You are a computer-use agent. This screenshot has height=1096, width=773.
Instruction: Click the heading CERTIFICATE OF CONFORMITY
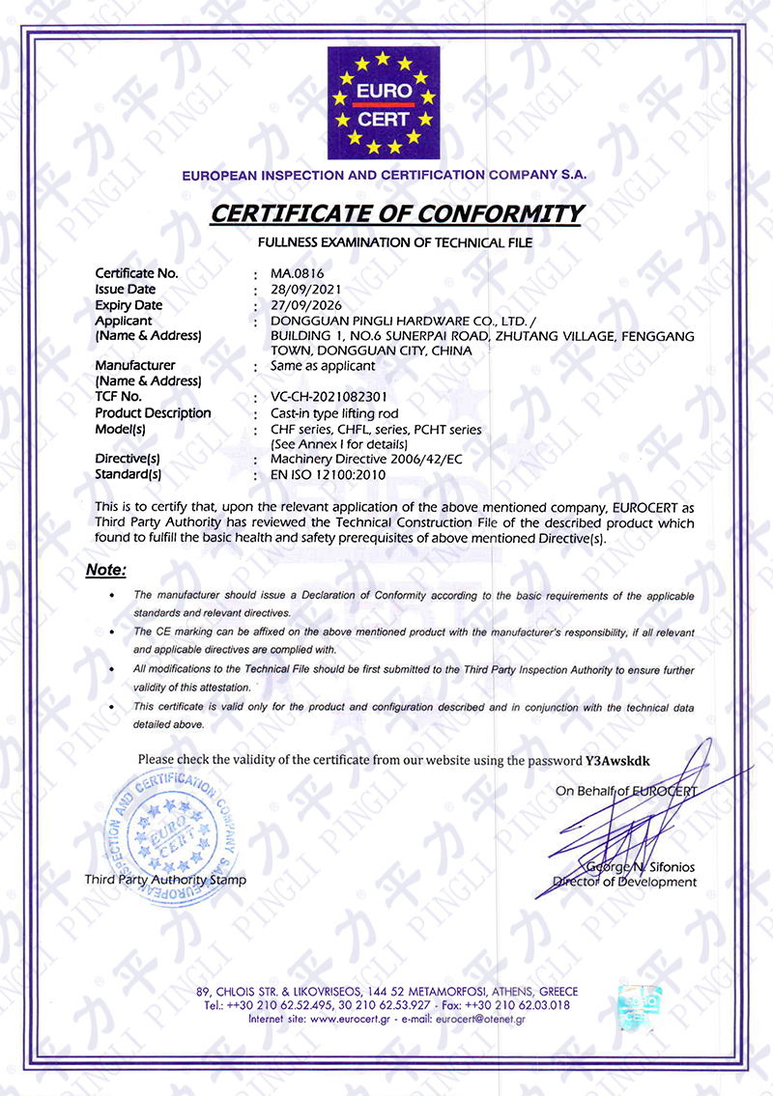(396, 213)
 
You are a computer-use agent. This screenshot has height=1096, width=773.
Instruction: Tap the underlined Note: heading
(105, 570)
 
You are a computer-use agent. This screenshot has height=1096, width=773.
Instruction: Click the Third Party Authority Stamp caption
(165, 880)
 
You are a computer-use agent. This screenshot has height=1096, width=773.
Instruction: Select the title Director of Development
(624, 882)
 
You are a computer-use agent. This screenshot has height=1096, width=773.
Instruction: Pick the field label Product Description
(153, 412)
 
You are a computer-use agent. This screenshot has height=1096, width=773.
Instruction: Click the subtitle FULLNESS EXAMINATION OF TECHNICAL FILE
(394, 240)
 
